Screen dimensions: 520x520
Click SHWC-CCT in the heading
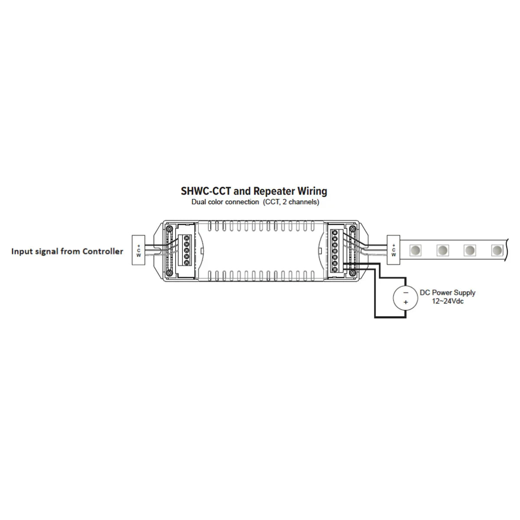tap(206, 191)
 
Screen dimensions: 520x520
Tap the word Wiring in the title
tap(312, 191)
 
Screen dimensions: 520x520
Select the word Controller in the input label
tap(103, 251)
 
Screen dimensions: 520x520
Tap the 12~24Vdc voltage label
tap(447, 301)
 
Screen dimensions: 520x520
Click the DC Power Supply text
tap(447, 292)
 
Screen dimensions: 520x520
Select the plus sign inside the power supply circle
tap(406, 302)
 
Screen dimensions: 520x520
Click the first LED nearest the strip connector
tap(415, 250)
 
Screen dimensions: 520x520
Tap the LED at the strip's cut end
tap(497, 250)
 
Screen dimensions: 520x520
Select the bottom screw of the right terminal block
tap(335, 270)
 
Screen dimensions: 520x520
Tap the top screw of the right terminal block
tap(335, 233)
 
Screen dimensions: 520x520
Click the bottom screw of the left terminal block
tap(187, 262)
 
